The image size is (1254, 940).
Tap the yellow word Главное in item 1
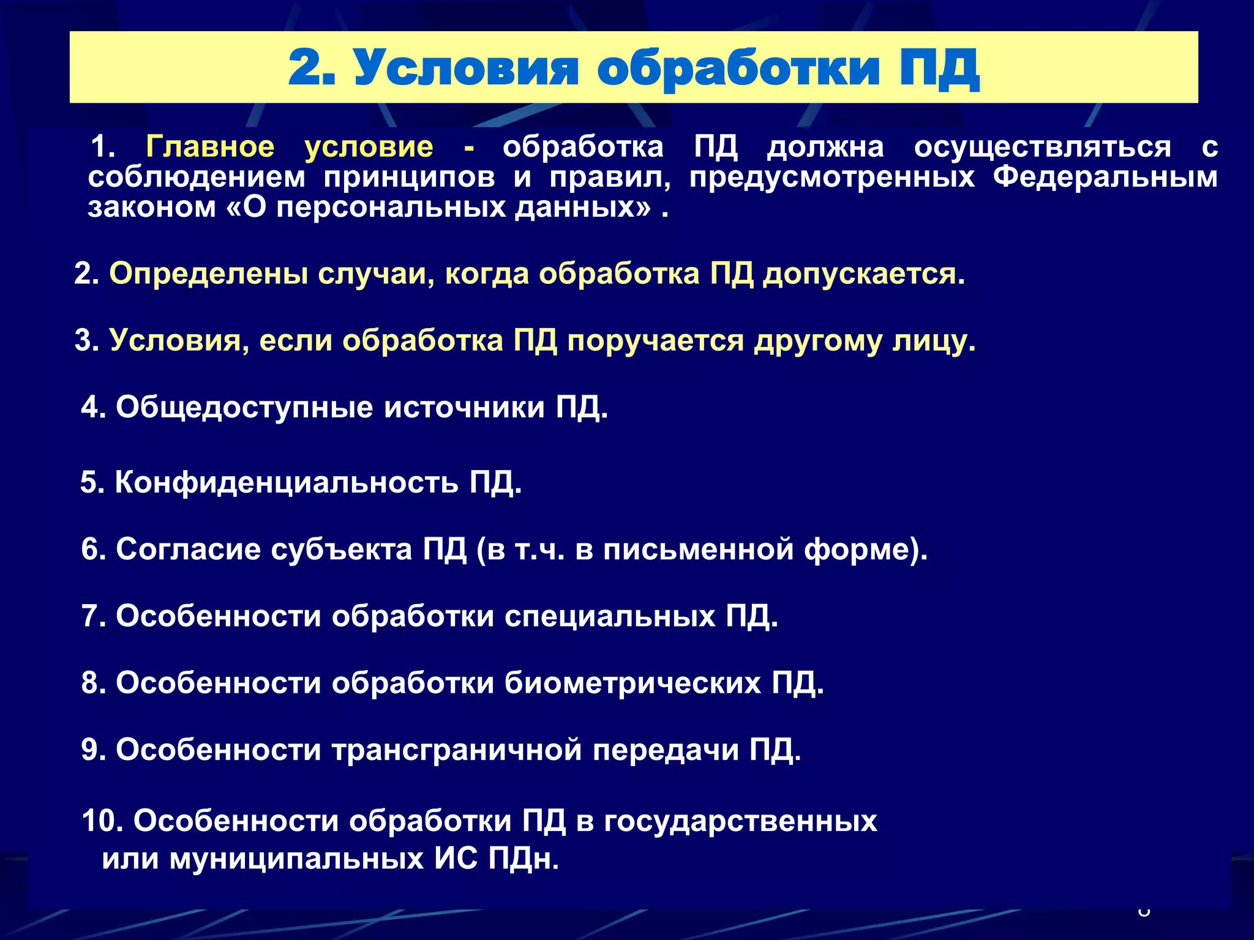(x=210, y=147)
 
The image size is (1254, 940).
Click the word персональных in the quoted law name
(x=389, y=207)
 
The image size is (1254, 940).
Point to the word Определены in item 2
(x=208, y=274)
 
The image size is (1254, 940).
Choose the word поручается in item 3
(x=655, y=341)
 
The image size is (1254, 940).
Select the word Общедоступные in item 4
(x=244, y=408)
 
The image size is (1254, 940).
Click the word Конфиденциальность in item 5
(x=286, y=482)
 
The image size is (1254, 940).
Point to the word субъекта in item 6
(x=341, y=549)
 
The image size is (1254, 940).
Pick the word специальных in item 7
(x=610, y=616)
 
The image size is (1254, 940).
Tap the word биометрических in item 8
(x=633, y=683)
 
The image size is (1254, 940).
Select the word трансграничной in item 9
(x=456, y=750)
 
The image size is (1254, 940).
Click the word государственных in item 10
(x=740, y=821)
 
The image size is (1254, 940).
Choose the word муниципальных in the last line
(x=296, y=859)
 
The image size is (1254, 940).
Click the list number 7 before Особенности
(x=90, y=616)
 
